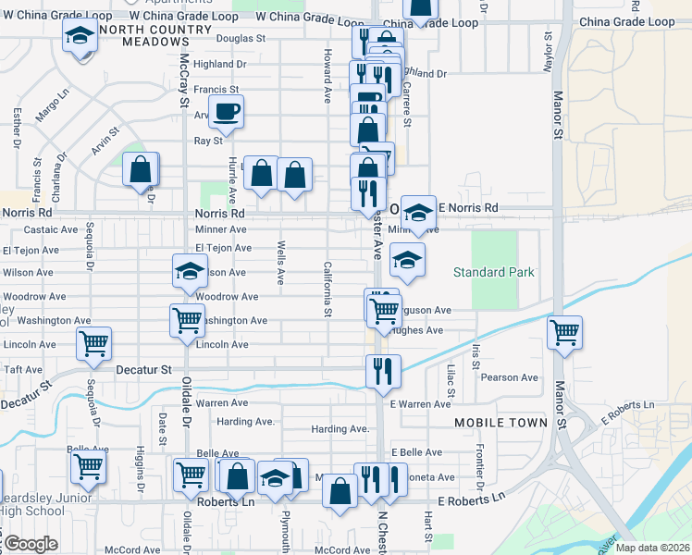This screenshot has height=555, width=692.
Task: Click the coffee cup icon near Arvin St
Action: [x=226, y=112]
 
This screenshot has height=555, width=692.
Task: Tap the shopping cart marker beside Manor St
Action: [x=564, y=331]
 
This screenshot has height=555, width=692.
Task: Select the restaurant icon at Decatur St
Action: [x=383, y=371]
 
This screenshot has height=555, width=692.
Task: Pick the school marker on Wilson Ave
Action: [x=190, y=271]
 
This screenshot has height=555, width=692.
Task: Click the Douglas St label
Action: [x=241, y=39]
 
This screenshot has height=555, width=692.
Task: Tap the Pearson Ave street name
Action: [x=509, y=377]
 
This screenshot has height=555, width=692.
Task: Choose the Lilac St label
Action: [x=451, y=381]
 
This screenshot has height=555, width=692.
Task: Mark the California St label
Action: [x=327, y=288]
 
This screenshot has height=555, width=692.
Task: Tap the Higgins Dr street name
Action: [x=141, y=472]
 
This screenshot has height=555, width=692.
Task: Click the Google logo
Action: [x=31, y=544]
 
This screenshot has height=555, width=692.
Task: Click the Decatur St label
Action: [x=144, y=369]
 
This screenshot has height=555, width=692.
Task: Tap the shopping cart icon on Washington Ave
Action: [x=187, y=320]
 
